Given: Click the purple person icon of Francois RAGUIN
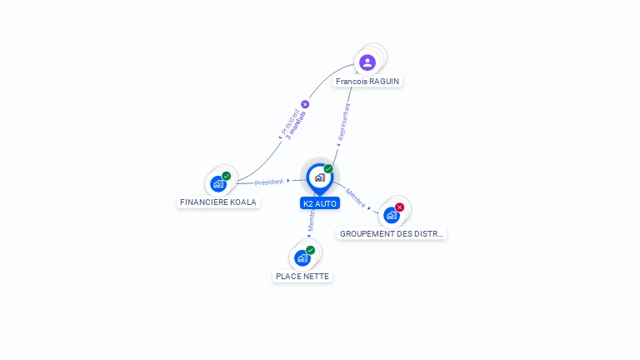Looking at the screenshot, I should [x=367, y=62].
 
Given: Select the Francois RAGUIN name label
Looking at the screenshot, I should [x=367, y=82].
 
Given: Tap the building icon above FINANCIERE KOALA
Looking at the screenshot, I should [x=218, y=184].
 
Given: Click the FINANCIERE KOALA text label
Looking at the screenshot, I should [x=218, y=202].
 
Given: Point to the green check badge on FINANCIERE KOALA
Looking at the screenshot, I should [x=226, y=176].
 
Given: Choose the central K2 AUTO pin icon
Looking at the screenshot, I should [x=319, y=177].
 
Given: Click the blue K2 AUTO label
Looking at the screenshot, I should [x=320, y=203].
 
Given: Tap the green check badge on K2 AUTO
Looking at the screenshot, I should [x=328, y=169].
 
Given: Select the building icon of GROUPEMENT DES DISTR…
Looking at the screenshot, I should [x=391, y=215].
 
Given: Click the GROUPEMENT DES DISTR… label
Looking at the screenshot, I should [x=392, y=233].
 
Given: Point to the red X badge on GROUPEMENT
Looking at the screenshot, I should [x=400, y=207].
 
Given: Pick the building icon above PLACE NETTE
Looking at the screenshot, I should [x=302, y=258].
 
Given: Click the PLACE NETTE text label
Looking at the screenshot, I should [x=302, y=276].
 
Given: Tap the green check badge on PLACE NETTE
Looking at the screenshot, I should [x=310, y=250].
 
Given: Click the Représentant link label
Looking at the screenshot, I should [x=343, y=122].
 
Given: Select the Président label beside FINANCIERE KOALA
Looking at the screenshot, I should [x=269, y=182].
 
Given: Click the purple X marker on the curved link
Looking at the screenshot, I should [x=305, y=104].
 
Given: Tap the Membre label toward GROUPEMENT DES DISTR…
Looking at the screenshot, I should [x=356, y=197].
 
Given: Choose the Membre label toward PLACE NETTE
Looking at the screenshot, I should [x=310, y=221].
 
